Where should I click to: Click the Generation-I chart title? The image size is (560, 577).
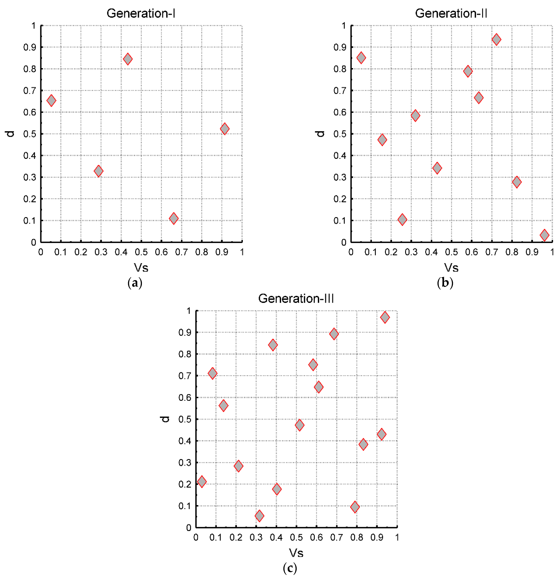(141, 13)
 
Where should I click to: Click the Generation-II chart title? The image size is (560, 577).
(451, 13)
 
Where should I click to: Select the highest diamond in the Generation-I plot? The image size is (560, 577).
(128, 59)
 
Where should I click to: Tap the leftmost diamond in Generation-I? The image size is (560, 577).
(51, 100)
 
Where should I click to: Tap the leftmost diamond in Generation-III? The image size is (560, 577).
(202, 482)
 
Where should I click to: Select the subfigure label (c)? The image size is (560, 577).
(290, 568)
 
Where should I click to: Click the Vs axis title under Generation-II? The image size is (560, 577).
(451, 267)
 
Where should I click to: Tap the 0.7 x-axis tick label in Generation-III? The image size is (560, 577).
(336, 537)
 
